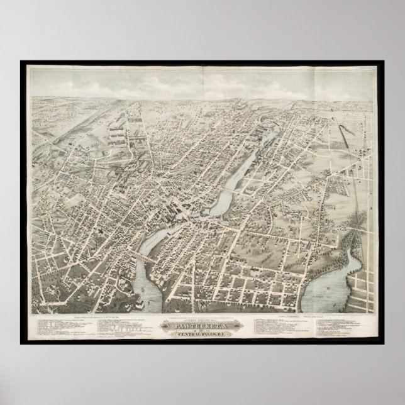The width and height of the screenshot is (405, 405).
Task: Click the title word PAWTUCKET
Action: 203,326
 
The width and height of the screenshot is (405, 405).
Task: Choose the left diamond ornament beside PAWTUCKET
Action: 172,326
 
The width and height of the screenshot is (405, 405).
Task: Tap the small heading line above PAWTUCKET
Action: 203,319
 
